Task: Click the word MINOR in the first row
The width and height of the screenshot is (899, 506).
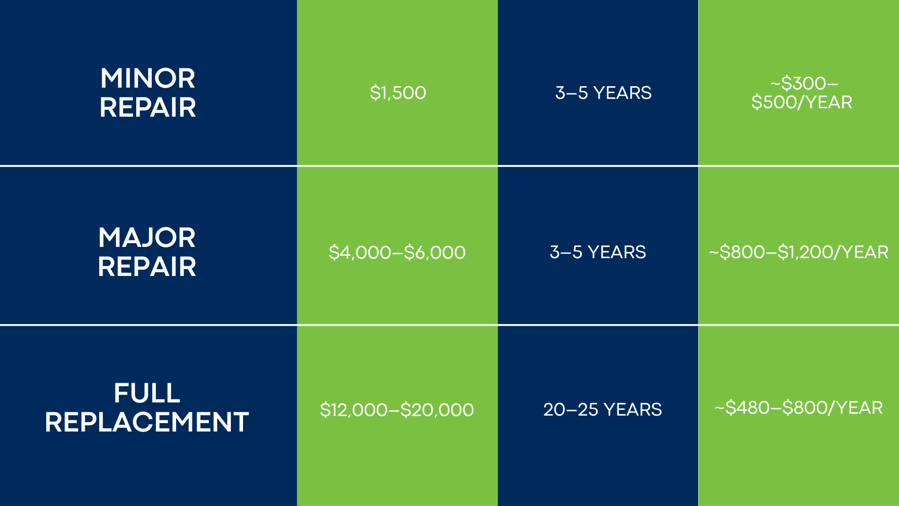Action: [147, 78]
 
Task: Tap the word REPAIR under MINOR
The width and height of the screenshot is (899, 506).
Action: [147, 108]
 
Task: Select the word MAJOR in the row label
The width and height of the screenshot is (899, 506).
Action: [147, 238]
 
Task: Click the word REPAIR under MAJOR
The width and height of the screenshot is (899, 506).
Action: [147, 267]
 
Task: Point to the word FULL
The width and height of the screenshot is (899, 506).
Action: [147, 393]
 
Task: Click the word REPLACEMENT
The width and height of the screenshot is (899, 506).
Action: [147, 422]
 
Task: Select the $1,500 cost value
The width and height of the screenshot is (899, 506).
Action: [398, 93]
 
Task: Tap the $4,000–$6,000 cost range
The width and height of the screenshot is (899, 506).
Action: [397, 253]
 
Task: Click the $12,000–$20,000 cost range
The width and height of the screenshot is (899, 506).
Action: [397, 410]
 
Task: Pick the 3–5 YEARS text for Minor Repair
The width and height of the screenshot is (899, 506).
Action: [604, 93]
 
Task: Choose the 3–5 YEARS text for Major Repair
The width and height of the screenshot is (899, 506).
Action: [598, 252]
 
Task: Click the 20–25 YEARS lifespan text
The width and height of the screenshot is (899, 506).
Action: [603, 409]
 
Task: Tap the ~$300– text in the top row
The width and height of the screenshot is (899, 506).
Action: [804, 83]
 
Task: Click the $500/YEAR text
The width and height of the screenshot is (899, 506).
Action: [802, 102]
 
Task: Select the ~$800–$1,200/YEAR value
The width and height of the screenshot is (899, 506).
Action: [799, 252]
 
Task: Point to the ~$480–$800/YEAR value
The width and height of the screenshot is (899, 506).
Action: [799, 408]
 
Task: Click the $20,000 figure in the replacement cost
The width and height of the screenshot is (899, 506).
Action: [437, 410]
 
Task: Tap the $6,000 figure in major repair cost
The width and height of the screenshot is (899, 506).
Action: [435, 253]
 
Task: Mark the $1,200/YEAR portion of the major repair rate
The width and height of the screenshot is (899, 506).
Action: [833, 252]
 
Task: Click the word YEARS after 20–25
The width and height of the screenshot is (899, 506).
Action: [633, 409]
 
